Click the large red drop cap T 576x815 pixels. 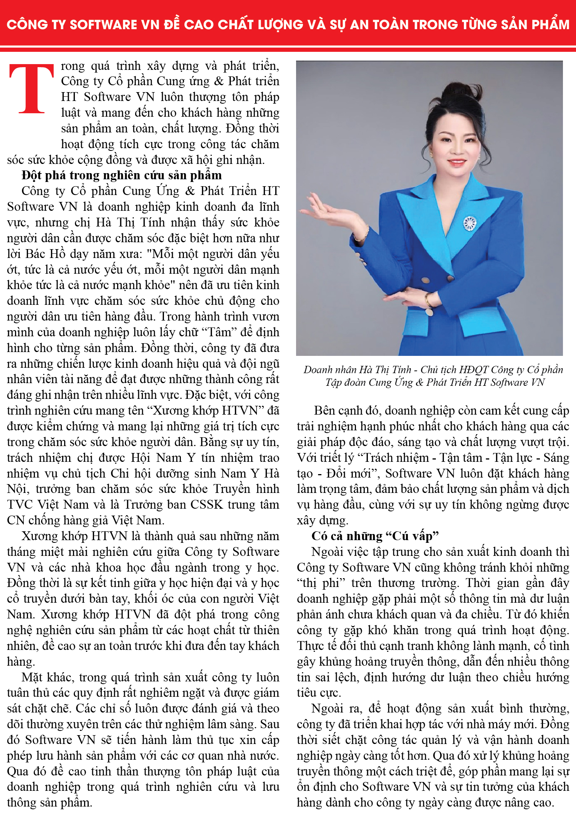(x=31, y=89)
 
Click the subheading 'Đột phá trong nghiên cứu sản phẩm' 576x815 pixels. (x=121, y=175)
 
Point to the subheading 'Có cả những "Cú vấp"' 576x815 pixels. (x=375, y=536)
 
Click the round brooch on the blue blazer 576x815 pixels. (x=470, y=223)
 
